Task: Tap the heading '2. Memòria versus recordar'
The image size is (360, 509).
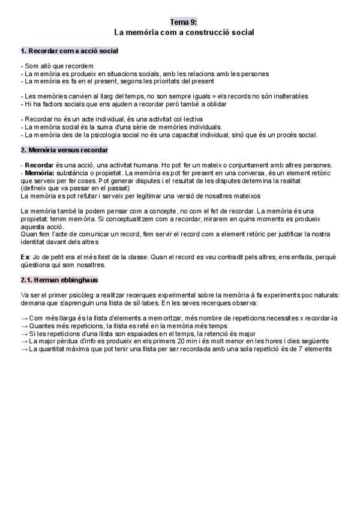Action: click(x=64, y=150)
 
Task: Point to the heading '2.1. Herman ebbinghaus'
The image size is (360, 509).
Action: click(x=59, y=280)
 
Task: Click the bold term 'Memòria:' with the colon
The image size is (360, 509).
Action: click(x=39, y=173)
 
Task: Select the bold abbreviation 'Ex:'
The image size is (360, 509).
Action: click(x=27, y=256)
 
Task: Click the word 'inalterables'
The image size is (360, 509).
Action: click(x=289, y=96)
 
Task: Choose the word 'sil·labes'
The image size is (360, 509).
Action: click(x=135, y=303)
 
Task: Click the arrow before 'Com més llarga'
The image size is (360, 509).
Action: click(x=24, y=318)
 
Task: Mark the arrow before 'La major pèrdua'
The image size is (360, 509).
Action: click(x=24, y=341)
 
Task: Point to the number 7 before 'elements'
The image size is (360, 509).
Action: click(x=300, y=349)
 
